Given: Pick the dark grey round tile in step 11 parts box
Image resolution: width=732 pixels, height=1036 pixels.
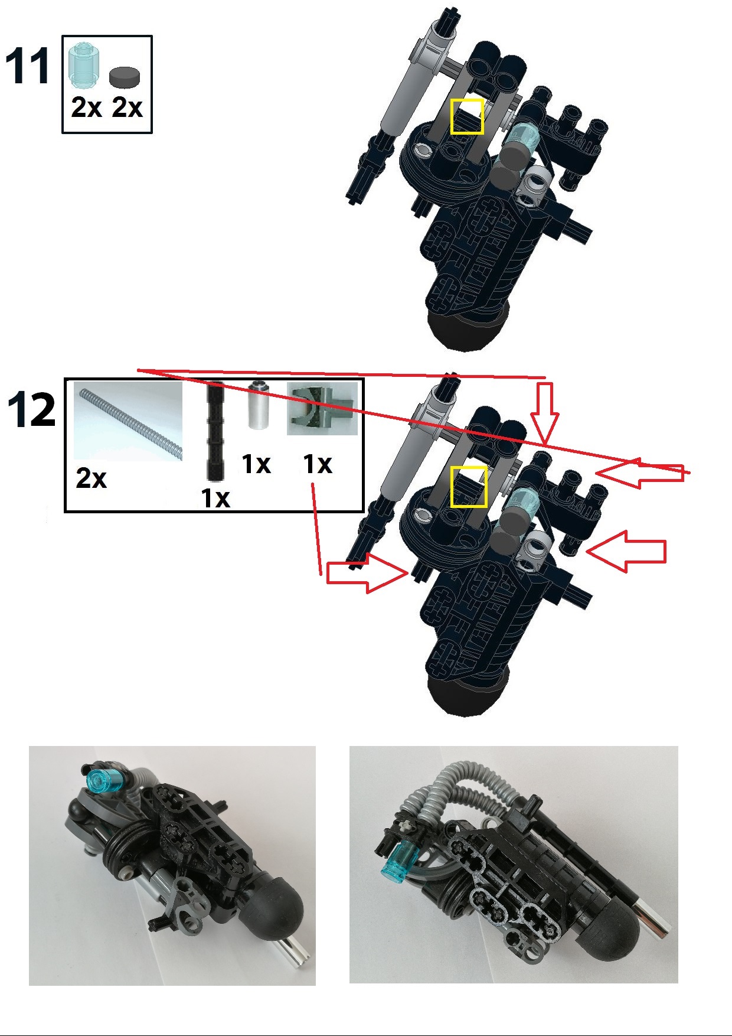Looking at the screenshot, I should click(x=125, y=77).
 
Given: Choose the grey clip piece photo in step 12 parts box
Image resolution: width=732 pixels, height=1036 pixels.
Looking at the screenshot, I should click(x=322, y=409).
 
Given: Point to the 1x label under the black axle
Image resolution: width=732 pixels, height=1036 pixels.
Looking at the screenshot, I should click(x=215, y=498).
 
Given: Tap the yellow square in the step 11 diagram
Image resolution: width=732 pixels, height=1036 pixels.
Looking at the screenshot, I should click(x=467, y=116).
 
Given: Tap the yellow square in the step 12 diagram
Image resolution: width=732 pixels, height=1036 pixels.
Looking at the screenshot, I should click(x=469, y=487).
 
